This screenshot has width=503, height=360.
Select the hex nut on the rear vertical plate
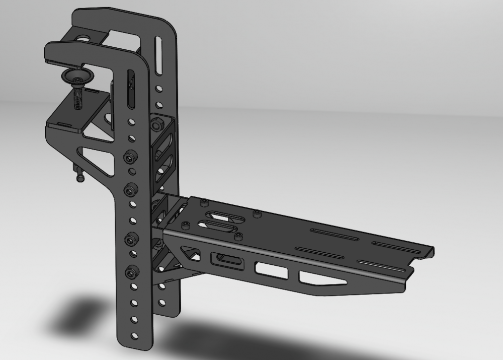(x=156, y=122)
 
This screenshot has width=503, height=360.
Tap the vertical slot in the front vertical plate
(x=131, y=89)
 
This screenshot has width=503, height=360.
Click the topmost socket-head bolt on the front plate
(x=131, y=157)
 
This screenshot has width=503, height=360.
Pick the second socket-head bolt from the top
(x=131, y=189)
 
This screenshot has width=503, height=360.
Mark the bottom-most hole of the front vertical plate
(x=134, y=334)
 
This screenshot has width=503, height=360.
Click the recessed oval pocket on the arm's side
(x=228, y=261)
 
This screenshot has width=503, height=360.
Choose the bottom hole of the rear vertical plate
(x=162, y=302)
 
